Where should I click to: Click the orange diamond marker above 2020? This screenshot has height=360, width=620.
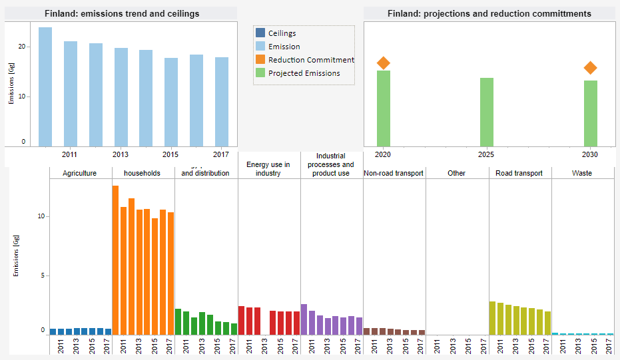pos(383,63)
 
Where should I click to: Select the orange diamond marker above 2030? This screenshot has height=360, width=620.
pos(590,68)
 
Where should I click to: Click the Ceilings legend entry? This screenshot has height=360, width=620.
pos(282,33)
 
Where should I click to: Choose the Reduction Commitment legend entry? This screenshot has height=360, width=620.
pos(310,60)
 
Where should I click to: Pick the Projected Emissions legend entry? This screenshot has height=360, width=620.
pos(304,73)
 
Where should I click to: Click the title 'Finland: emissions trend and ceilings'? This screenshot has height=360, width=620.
pos(121,13)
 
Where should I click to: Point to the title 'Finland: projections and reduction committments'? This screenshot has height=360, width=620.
pos(489,13)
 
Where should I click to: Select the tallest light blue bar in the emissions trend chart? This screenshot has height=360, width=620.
pos(45,87)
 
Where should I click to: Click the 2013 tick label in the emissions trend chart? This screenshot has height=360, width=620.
pos(121,154)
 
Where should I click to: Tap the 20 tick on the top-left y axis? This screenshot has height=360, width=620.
pos(22,47)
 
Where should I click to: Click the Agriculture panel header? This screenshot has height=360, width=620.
pos(80,173)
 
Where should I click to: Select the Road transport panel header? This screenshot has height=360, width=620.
pos(519,173)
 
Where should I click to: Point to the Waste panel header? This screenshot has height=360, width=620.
pos(582,173)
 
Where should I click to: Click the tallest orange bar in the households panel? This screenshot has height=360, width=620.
pos(115,260)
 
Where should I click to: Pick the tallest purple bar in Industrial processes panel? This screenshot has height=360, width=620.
pos(304,319)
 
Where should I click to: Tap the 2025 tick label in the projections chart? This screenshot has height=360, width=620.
pos(486,154)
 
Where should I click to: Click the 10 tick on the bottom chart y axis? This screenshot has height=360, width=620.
pos(41,217)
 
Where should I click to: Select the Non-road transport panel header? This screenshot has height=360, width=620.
pos(394,173)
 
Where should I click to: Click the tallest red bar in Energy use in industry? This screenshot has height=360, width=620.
pos(241,320)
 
